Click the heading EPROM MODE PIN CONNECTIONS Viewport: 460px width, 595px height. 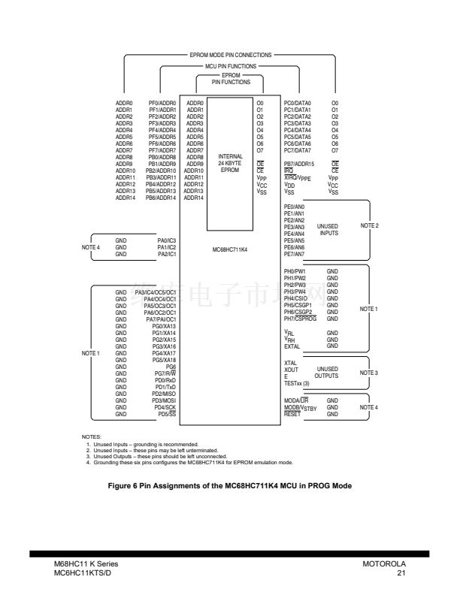click(x=230, y=56)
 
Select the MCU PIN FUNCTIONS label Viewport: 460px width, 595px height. click(x=230, y=66)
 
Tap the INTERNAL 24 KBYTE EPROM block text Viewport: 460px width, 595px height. click(x=230, y=162)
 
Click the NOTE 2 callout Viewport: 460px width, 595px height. click(x=369, y=225)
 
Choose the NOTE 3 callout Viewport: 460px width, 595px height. click(x=369, y=373)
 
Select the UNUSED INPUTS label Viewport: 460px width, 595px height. click(x=327, y=229)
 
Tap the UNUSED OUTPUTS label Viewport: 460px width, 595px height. click(x=327, y=373)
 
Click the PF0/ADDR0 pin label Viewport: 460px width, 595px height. click(x=162, y=102)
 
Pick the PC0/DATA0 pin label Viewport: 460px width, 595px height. click(x=297, y=102)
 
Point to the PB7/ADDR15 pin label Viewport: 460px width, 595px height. click(x=298, y=163)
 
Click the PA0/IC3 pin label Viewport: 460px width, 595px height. click(x=166, y=240)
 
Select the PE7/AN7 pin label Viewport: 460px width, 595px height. click(x=294, y=254)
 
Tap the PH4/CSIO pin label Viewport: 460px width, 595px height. click(x=295, y=298)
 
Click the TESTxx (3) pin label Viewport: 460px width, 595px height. click(x=296, y=383)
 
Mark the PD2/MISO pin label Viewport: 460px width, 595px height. click(x=164, y=394)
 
